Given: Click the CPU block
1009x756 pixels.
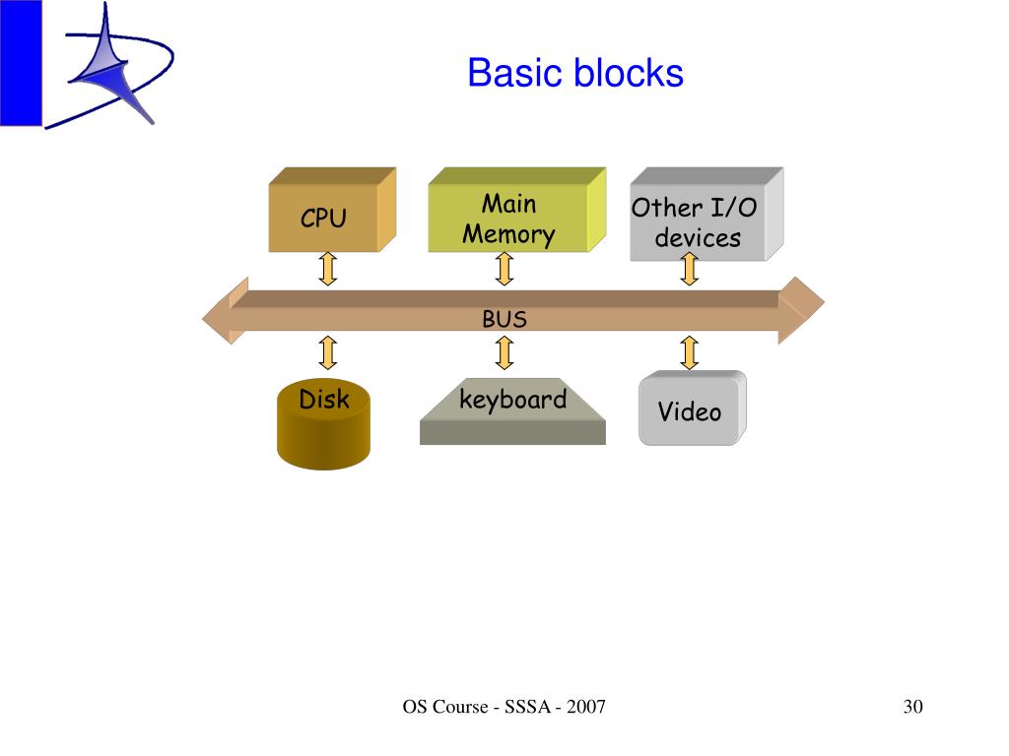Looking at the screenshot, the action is tap(332, 210).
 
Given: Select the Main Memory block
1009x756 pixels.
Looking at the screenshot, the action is tap(517, 210).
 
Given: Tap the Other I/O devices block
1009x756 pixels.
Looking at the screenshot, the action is tap(706, 214).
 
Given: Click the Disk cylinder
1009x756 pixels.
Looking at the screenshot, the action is tap(323, 424).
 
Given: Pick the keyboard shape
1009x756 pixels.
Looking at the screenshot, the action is tap(512, 411).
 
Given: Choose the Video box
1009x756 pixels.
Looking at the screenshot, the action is tap(693, 409).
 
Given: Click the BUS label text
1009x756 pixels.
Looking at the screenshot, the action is tap(504, 320).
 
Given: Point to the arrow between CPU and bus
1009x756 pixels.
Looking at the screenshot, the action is tap(328, 268).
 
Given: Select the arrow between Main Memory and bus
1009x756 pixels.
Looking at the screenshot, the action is tap(504, 268).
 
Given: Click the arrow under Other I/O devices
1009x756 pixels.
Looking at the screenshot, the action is tap(689, 268).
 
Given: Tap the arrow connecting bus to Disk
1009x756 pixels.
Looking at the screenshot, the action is tap(328, 352).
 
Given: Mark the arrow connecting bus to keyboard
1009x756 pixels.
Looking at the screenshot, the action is tap(504, 352).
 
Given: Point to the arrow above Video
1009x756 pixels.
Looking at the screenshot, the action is tap(689, 352).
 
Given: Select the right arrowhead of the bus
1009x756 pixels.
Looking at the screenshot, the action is tap(800, 310).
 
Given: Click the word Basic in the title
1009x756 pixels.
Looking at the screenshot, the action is tap(516, 73).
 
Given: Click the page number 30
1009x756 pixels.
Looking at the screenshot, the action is tap(913, 707).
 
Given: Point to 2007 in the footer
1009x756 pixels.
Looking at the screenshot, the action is tap(585, 707).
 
